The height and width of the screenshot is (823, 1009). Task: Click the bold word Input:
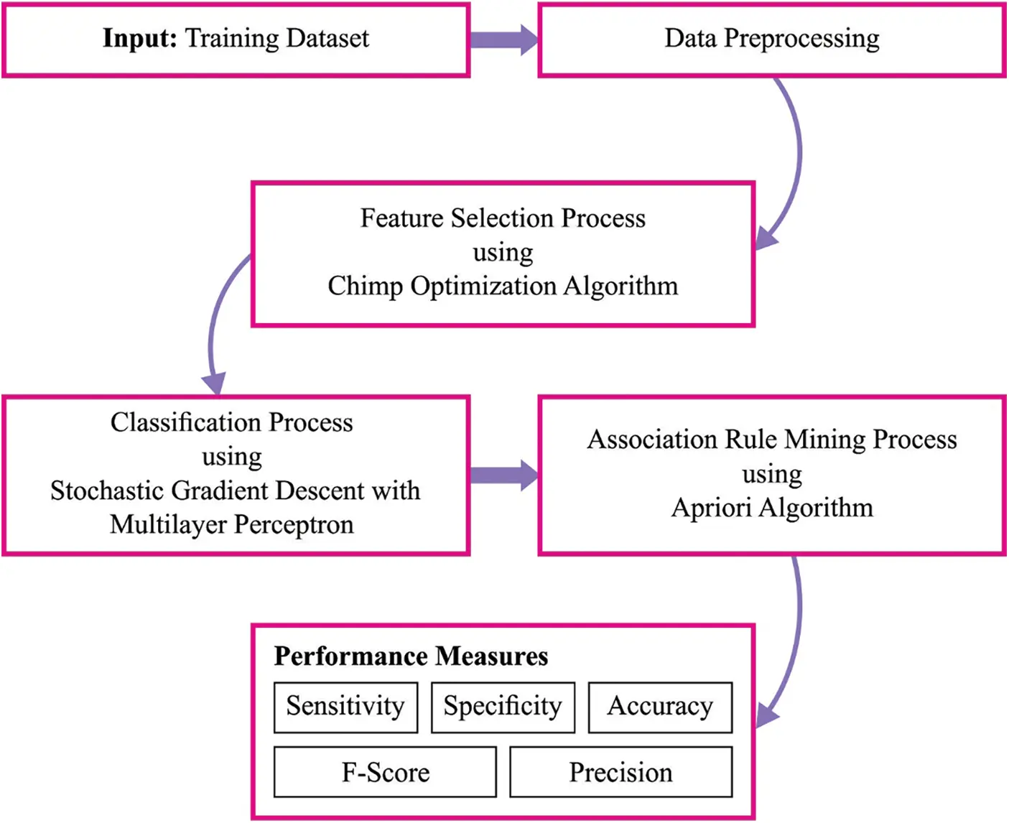pos(139,38)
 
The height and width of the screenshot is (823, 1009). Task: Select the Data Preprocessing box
pos(771,39)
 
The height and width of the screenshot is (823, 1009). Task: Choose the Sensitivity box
pos(345,707)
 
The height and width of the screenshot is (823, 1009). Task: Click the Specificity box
pos(503,707)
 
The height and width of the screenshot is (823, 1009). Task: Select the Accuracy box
pos(660,707)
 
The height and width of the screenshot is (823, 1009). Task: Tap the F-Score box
pos(385,773)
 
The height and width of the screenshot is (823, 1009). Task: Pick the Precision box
pos(620,773)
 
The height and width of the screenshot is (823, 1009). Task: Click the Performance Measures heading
pos(411,656)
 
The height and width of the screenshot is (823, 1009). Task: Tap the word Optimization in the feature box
pos(483,287)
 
